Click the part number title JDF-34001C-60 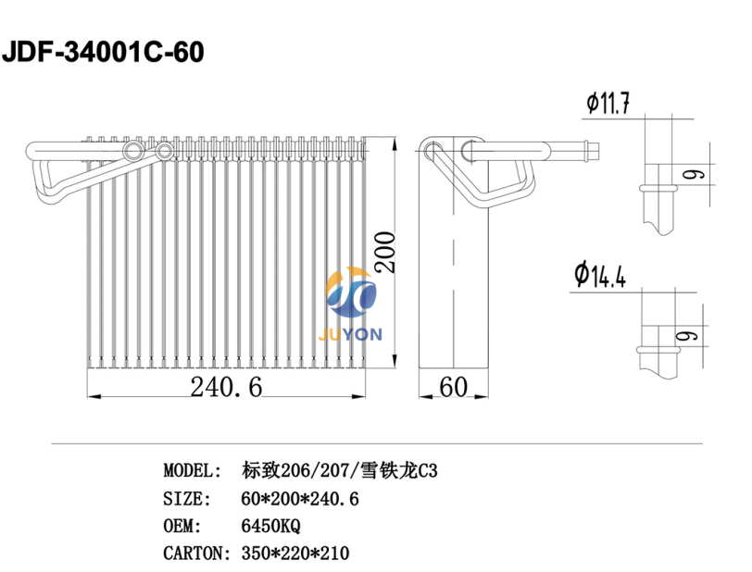[x=103, y=52]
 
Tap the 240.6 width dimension [x=226, y=387]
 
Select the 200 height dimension [x=385, y=252]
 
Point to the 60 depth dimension [x=453, y=387]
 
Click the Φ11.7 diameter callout [x=608, y=103]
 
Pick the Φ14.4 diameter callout [x=600, y=275]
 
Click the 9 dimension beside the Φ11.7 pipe [x=694, y=175]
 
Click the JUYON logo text [x=350, y=334]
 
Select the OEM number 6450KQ [x=270, y=526]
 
